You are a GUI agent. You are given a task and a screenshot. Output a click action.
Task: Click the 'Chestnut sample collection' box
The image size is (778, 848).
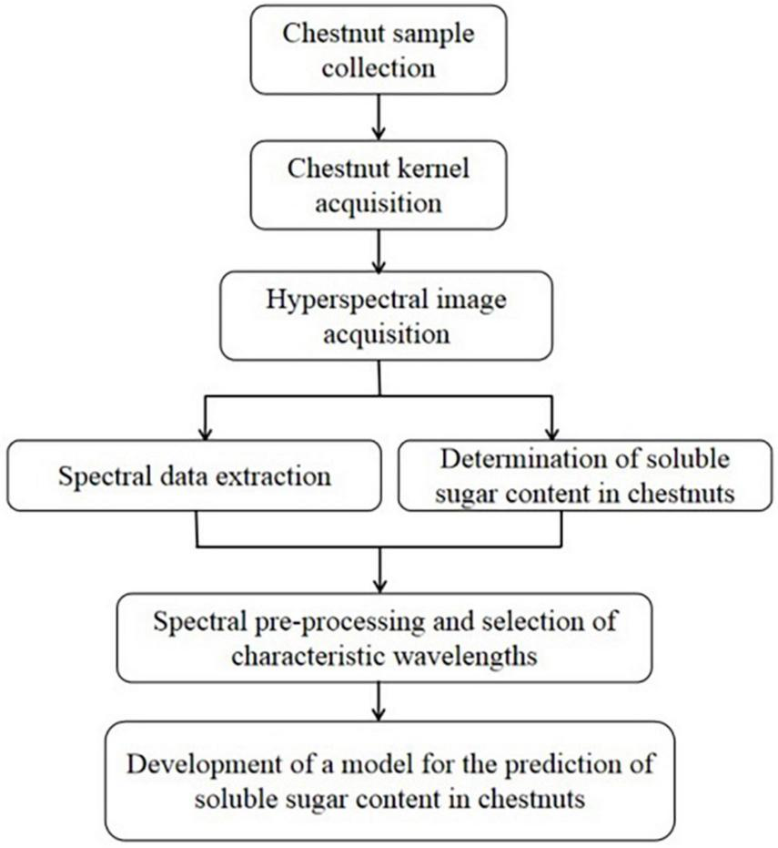(378, 49)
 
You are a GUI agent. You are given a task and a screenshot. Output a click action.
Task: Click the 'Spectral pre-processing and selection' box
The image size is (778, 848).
(385, 640)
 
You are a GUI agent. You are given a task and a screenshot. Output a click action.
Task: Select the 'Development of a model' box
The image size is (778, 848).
(389, 780)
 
